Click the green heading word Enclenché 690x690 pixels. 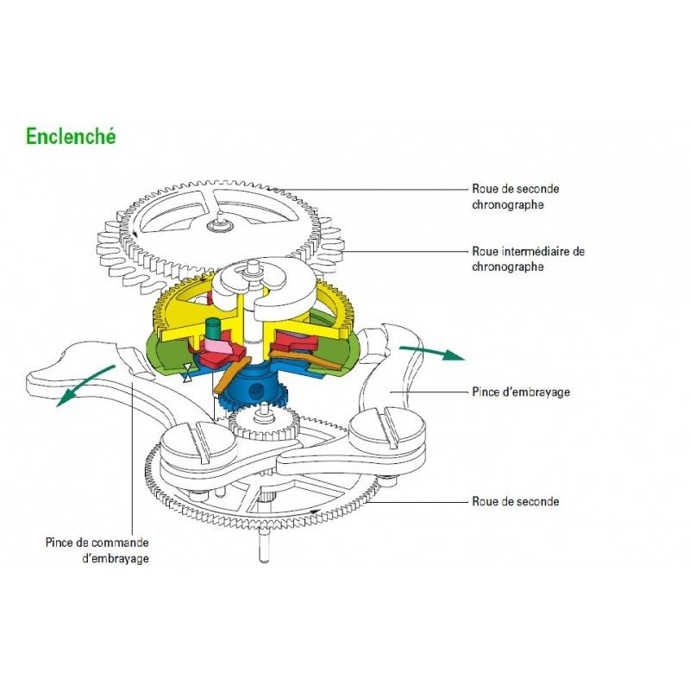(x=71, y=136)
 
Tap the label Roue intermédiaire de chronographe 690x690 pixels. (x=528, y=259)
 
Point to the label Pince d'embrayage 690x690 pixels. (x=521, y=392)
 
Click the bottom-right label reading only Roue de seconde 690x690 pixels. (x=515, y=500)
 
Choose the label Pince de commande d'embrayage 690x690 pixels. (x=97, y=550)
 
